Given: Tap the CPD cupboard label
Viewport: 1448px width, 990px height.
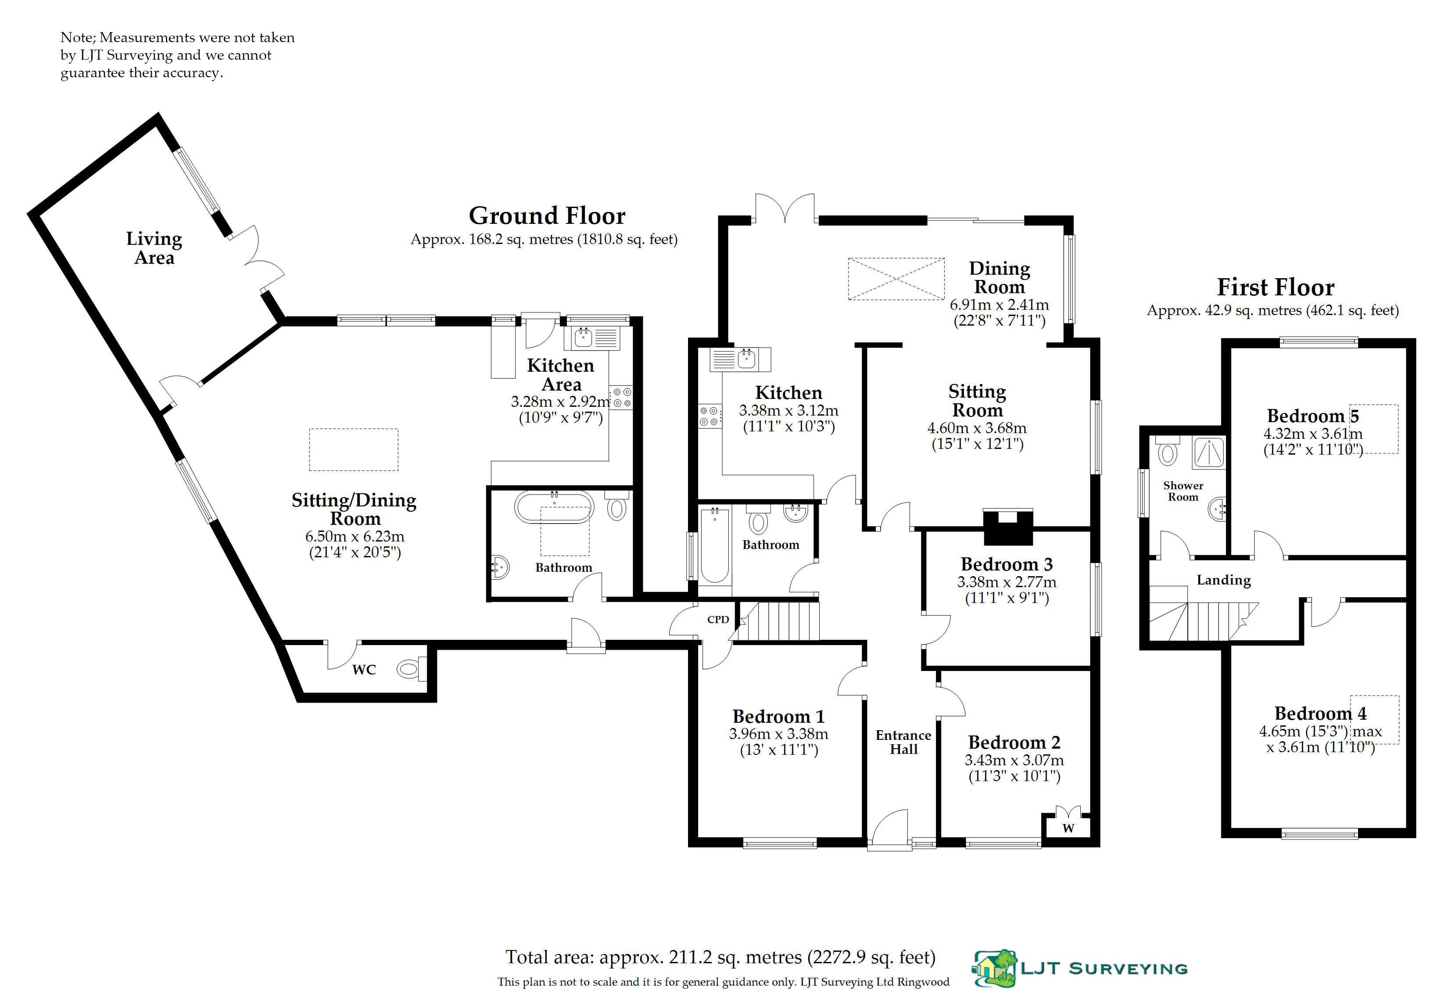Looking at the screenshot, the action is (718, 619).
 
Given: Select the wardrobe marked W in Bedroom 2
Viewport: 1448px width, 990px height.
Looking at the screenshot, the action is (1068, 822).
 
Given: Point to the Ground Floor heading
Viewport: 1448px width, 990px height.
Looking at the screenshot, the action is (547, 215).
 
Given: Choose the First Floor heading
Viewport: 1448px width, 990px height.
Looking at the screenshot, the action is (1276, 287).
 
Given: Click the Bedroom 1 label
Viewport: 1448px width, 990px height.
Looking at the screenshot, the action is (778, 717).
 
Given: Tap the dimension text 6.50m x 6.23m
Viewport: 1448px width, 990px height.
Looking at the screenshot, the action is (355, 536).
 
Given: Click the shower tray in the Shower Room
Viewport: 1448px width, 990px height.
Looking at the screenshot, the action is (1208, 452).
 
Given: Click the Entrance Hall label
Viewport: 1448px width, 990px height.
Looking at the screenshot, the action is (903, 742).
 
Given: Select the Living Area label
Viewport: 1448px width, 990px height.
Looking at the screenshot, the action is (154, 248).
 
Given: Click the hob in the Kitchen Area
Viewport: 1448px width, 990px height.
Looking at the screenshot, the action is (620, 398).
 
